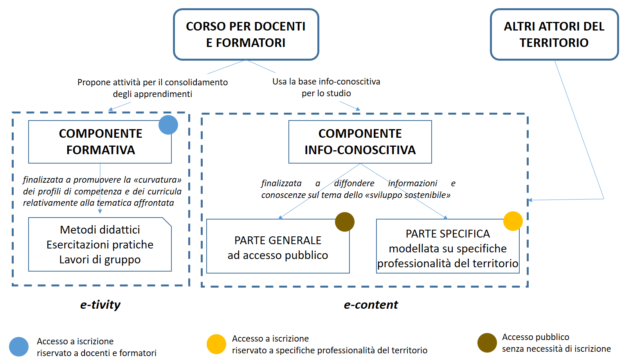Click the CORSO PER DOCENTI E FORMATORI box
pos(246,34)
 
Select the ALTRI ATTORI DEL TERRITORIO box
pos(554,34)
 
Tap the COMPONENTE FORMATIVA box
pos(100,142)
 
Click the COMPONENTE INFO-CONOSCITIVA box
pos(360,142)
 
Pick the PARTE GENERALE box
pos(278,246)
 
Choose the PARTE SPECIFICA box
pos(448,246)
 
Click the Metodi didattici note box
pos(100,244)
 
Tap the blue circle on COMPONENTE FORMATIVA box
pos(168,125)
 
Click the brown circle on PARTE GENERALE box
pos(345,222)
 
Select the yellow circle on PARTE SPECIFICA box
pos(513,221)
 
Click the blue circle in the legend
pos(19,347)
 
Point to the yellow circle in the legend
pos(216,344)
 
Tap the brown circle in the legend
pos(487,343)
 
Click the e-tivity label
pos(101,305)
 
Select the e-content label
pos(371,305)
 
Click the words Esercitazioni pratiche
pos(100,245)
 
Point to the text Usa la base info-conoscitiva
pos(326,81)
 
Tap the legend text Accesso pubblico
pos(536,337)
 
